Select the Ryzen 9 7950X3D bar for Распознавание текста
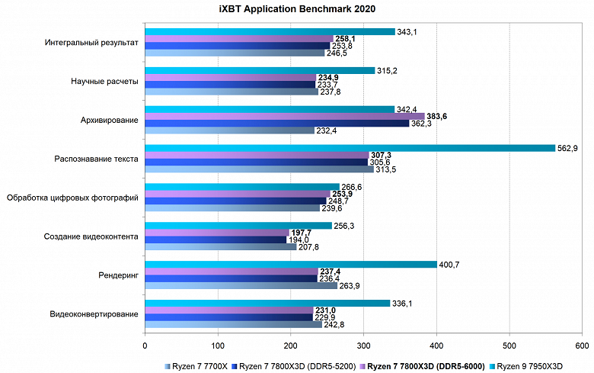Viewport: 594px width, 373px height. tap(350, 148)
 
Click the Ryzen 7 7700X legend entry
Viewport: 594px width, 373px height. tap(196, 365)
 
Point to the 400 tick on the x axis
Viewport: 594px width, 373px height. tap(437, 345)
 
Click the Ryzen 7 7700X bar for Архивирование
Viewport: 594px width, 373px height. tap(229, 130)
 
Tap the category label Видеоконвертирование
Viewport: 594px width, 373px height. tap(94, 314)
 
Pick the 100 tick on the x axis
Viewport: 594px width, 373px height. tap(219, 345)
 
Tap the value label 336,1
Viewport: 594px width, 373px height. tap(403, 304)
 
